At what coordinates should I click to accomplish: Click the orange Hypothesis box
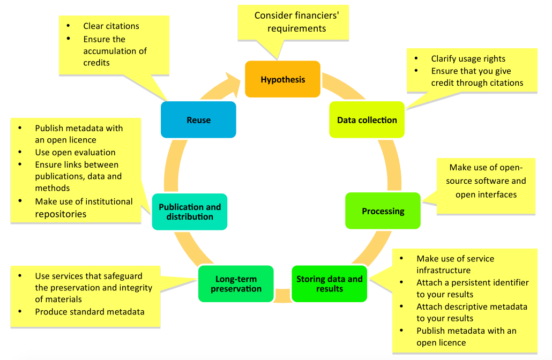282,79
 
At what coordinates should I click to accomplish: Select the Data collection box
367,119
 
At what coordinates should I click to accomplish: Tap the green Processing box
383,211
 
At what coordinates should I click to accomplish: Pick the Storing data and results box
330,283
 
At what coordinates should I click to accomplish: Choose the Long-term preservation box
236,283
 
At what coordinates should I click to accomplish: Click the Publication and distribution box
190,212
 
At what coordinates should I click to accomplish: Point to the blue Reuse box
198,119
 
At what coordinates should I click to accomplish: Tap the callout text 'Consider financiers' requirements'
296,22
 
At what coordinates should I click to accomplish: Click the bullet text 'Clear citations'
111,26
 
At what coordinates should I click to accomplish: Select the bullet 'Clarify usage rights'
468,59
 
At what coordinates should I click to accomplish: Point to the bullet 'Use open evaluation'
76,152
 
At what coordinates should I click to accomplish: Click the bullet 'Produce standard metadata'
90,312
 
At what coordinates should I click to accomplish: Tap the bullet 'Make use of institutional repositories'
84,208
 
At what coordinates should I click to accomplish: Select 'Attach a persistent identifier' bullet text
473,282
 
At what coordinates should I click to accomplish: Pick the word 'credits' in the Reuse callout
96,63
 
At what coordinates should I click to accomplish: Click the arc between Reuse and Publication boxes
173,166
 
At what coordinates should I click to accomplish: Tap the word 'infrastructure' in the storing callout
444,270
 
